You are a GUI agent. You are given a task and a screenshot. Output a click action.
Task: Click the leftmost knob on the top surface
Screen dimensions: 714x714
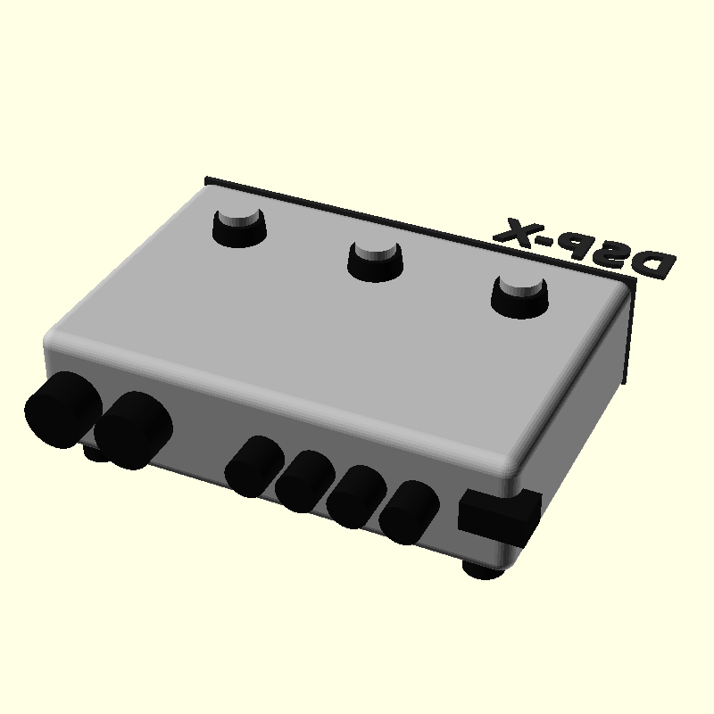239,228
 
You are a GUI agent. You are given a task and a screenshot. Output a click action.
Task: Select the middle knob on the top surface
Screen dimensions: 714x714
375,262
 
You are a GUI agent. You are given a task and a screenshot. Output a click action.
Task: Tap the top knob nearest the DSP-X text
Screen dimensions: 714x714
520,296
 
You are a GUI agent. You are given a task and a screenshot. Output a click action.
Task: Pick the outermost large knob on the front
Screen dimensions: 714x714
62,410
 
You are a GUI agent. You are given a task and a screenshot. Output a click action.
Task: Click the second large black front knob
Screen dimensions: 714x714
133,430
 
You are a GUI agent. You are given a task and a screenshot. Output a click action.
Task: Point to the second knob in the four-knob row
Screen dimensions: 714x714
305,481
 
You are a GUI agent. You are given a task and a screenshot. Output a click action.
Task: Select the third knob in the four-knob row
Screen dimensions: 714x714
356,497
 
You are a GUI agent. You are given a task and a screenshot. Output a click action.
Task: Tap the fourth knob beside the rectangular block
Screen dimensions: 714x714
409,512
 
